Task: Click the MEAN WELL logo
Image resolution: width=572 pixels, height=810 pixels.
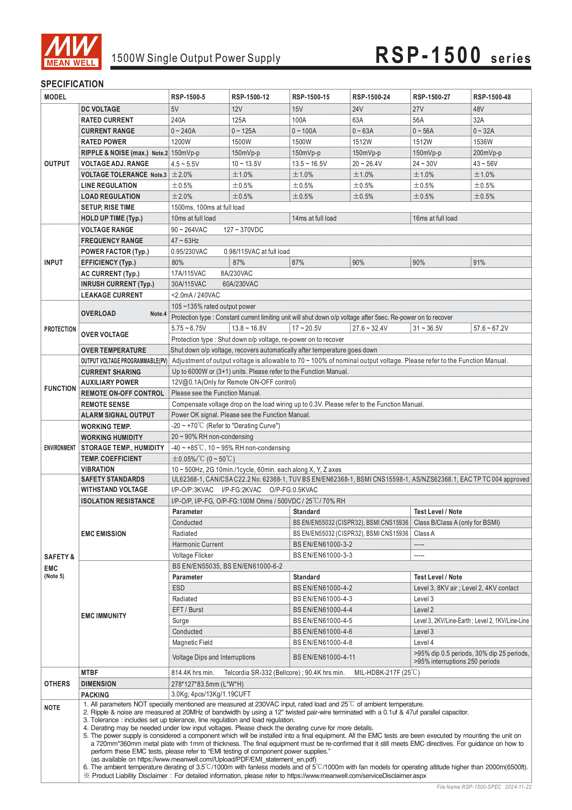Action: [71, 52]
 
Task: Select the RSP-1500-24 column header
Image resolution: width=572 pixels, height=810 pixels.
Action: [371, 97]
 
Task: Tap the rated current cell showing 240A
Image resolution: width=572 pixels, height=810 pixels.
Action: [178, 120]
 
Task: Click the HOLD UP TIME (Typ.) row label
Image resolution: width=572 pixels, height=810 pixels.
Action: [112, 218]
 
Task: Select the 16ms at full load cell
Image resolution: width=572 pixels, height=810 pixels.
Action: [435, 218]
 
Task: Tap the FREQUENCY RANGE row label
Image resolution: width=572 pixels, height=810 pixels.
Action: [112, 240]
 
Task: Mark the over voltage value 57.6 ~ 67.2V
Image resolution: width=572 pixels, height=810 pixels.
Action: [491, 328]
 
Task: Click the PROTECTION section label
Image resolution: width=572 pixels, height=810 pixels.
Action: [60, 329]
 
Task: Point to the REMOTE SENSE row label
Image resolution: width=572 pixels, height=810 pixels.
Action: [105, 404]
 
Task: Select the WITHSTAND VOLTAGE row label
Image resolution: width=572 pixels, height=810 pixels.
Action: [114, 489]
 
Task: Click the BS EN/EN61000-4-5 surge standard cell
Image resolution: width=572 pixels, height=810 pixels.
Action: [322, 620]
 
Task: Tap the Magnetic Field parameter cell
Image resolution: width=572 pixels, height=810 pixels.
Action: [192, 642]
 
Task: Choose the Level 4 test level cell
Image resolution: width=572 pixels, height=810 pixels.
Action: [424, 642]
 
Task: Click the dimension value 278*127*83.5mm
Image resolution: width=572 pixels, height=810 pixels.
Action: [207, 684]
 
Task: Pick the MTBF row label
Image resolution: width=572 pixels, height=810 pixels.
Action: [90, 672]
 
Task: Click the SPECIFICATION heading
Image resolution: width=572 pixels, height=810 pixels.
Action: [72, 84]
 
